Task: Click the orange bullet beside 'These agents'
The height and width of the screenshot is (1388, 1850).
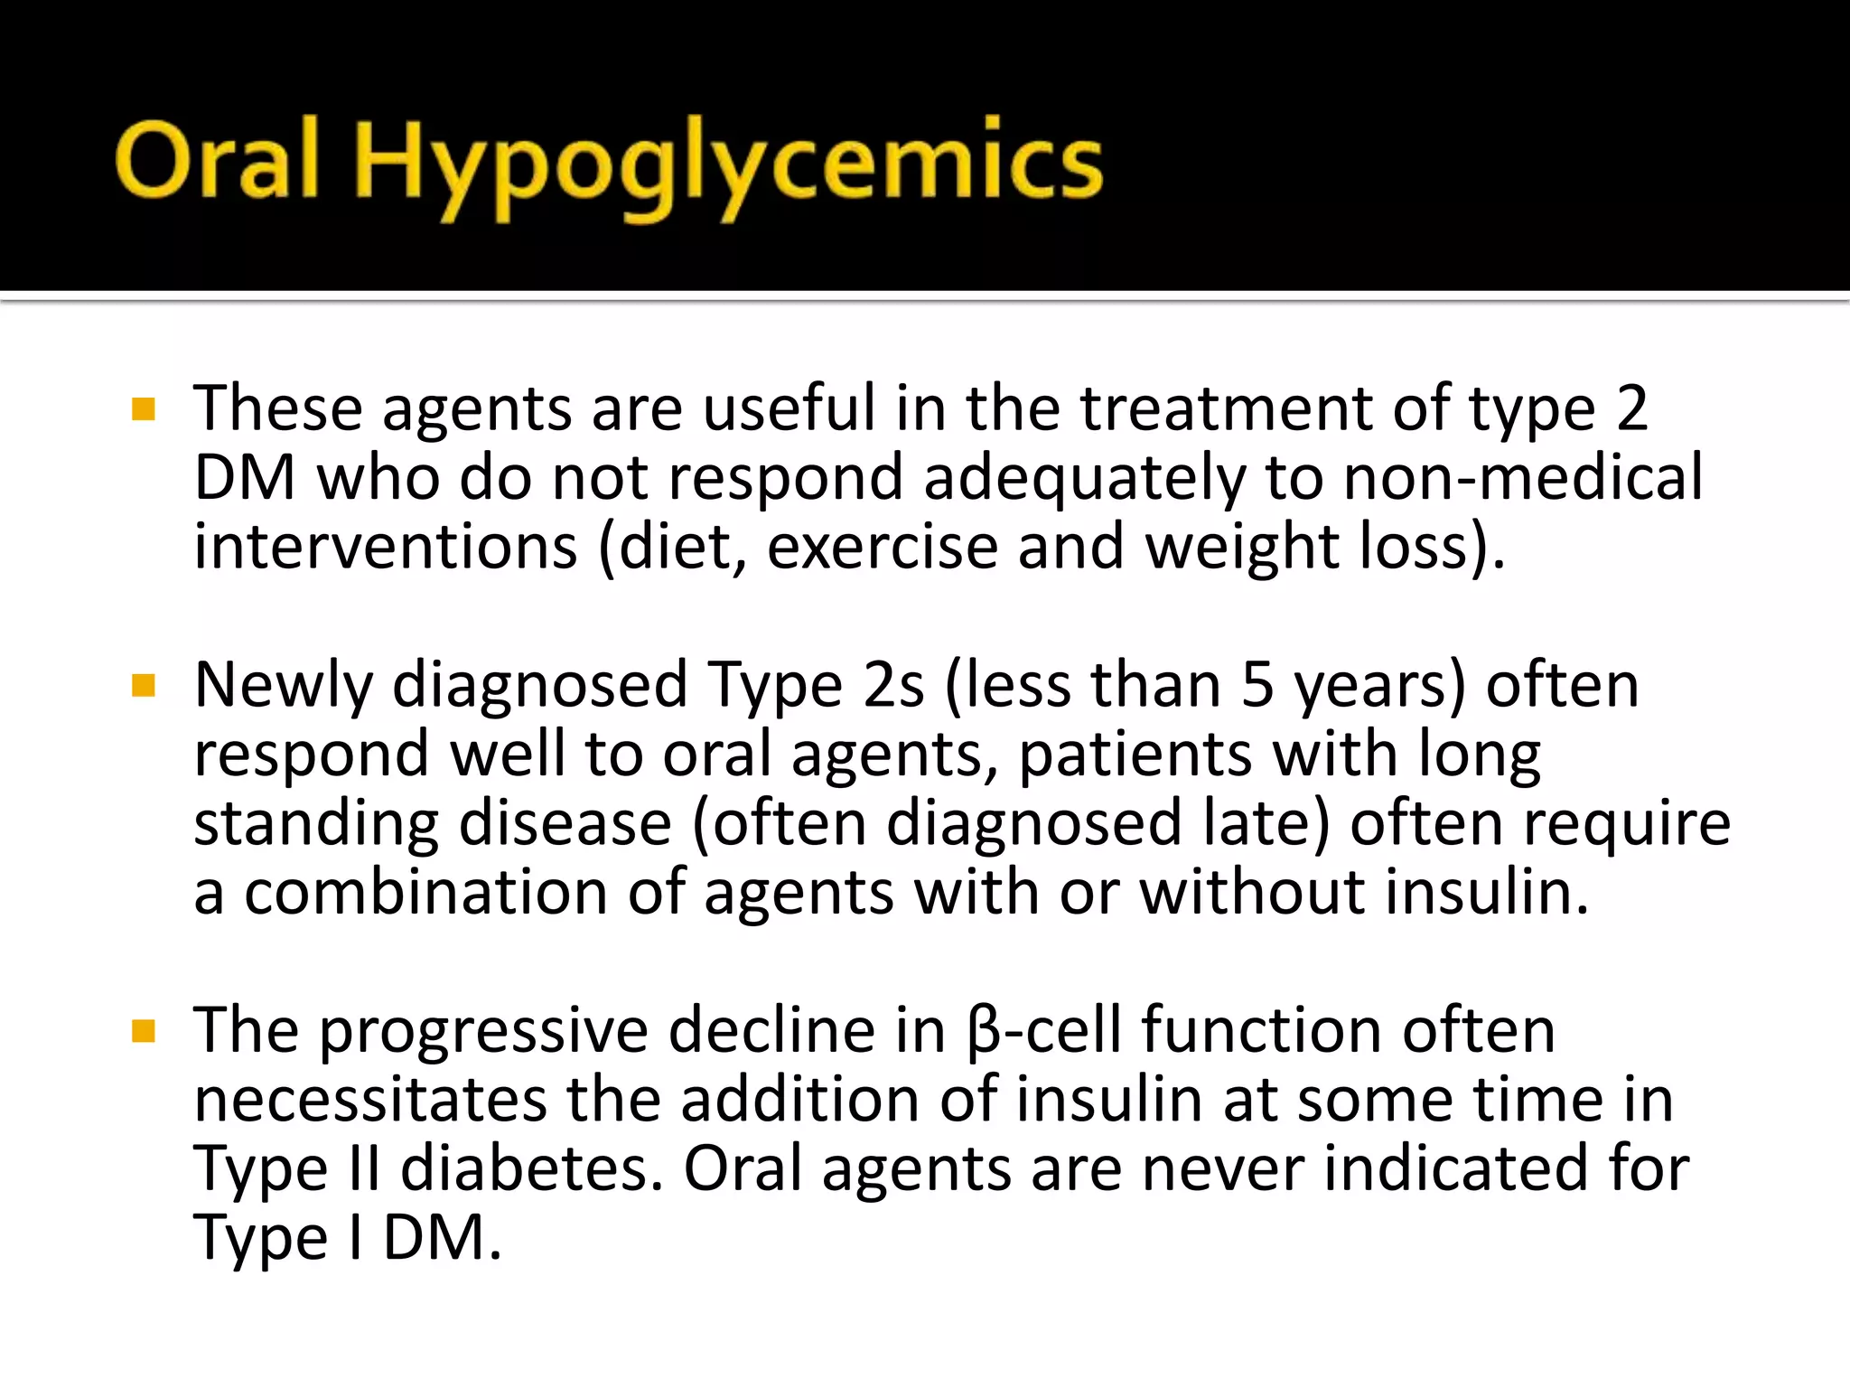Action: pyautogui.click(x=144, y=410)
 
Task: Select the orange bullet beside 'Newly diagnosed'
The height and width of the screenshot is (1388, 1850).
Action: pyautogui.click(x=144, y=686)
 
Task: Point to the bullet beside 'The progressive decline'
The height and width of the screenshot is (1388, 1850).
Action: pyautogui.click(x=144, y=1031)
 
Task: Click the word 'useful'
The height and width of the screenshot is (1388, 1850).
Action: pyautogui.click(x=789, y=408)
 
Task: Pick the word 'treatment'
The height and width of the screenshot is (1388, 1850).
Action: pyautogui.click(x=1226, y=408)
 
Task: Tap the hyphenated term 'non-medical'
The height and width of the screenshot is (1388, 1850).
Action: pyautogui.click(x=1522, y=477)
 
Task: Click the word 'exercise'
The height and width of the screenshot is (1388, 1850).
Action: pyautogui.click(x=882, y=547)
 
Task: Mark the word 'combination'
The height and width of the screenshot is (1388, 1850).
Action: pyautogui.click(x=425, y=893)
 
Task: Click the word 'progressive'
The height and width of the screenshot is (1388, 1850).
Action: pyautogui.click(x=483, y=1032)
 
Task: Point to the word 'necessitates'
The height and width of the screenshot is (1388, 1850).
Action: pyautogui.click(x=370, y=1100)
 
